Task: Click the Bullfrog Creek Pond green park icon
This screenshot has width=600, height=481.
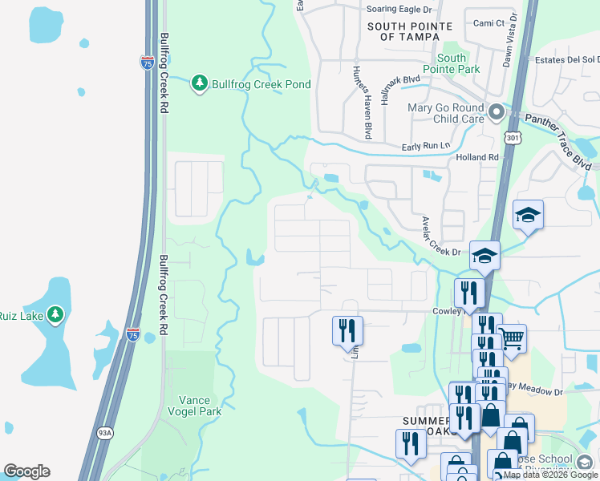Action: coord(200,83)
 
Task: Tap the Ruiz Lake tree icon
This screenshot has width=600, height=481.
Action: coord(55,314)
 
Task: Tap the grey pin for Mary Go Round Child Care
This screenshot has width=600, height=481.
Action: coord(497,112)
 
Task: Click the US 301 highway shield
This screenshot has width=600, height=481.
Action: coord(514,139)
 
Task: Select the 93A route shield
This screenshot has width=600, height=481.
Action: coord(105,432)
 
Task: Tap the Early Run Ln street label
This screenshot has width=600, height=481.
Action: coord(422,147)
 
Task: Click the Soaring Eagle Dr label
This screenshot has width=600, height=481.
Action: coord(398,9)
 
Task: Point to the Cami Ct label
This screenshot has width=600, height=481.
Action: coord(489,23)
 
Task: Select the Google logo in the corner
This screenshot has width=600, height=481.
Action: coord(26,471)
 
